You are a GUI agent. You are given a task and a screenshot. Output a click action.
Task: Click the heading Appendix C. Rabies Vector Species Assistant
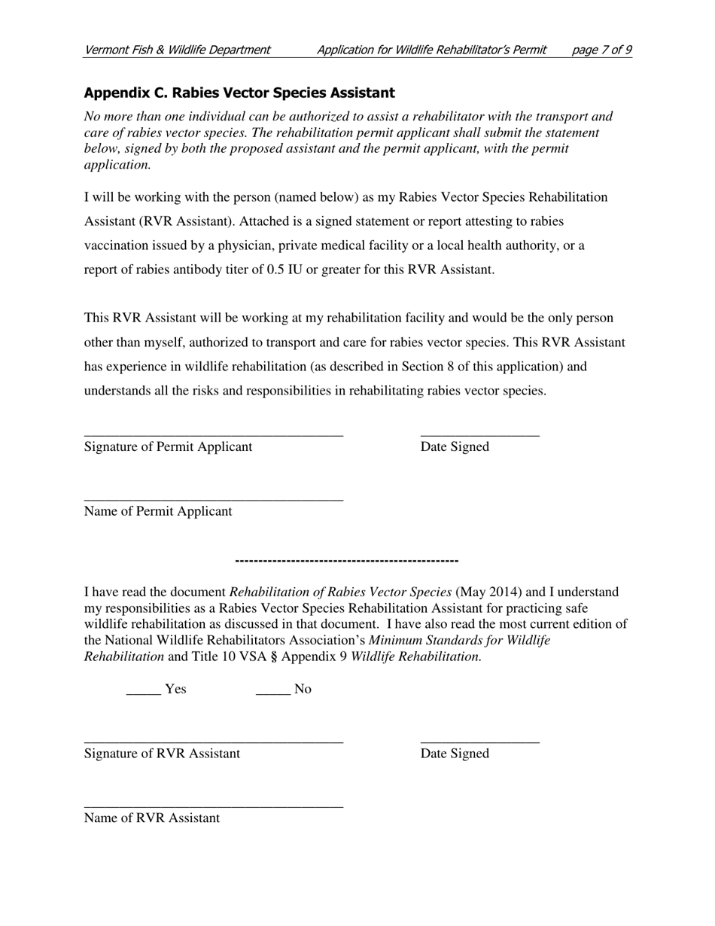click(x=239, y=93)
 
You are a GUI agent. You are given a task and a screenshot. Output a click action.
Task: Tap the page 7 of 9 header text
click(x=601, y=50)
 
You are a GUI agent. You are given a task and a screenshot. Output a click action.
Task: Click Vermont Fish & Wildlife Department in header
click(x=178, y=50)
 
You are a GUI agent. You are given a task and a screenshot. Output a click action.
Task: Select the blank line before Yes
click(x=144, y=693)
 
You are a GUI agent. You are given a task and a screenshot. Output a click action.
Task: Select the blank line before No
click(x=273, y=693)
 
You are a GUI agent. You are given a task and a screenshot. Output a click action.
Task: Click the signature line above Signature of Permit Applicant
click(x=214, y=435)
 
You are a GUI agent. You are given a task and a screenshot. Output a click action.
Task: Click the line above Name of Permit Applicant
click(x=214, y=500)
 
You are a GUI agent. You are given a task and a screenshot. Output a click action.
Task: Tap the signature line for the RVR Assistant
click(x=214, y=742)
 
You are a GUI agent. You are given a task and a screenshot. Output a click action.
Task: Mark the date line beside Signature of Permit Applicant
click(x=480, y=435)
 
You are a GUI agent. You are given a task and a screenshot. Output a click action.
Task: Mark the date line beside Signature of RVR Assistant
click(x=480, y=742)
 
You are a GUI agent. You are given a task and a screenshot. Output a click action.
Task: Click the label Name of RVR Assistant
click(x=152, y=818)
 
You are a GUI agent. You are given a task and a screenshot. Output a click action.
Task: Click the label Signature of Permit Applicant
click(x=169, y=447)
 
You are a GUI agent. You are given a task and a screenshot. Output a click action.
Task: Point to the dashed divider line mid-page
click(x=347, y=561)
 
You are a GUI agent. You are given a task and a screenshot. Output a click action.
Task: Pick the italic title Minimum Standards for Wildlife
click(x=460, y=641)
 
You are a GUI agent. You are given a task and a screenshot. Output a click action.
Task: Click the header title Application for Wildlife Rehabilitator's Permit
click(x=432, y=50)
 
